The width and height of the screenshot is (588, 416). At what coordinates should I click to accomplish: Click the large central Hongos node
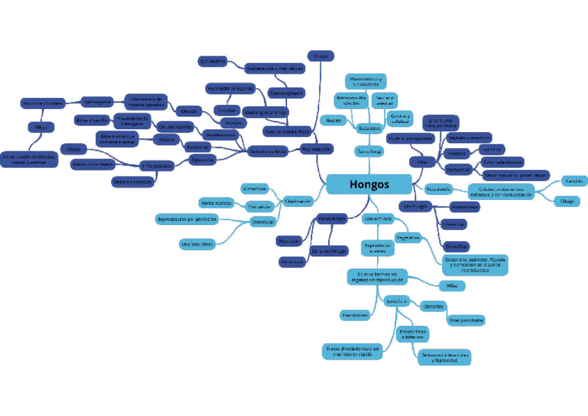(369, 184)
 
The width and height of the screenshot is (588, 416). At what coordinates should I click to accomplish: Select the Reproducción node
(316, 149)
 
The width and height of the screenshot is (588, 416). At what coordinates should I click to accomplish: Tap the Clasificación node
(297, 201)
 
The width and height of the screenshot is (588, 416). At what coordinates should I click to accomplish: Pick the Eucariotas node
(368, 128)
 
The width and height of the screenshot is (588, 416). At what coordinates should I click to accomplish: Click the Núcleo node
(333, 120)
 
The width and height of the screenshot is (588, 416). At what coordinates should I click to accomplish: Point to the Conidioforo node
(213, 61)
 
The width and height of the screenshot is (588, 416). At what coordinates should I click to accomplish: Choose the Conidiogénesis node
(286, 92)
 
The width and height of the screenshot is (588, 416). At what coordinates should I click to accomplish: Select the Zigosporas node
(202, 160)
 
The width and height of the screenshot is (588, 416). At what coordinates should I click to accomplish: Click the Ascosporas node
(197, 147)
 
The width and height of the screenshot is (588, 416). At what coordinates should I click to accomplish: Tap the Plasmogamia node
(98, 101)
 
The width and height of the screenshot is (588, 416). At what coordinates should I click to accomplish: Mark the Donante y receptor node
(132, 182)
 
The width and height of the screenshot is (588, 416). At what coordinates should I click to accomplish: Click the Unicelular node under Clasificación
(263, 222)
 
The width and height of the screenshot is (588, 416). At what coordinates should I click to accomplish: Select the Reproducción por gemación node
(187, 219)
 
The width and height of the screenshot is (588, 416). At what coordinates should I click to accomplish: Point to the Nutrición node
(289, 241)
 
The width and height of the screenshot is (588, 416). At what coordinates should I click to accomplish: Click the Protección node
(293, 262)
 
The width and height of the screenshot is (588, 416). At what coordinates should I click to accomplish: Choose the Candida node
(573, 181)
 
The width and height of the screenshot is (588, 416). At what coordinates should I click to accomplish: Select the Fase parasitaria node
(466, 320)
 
